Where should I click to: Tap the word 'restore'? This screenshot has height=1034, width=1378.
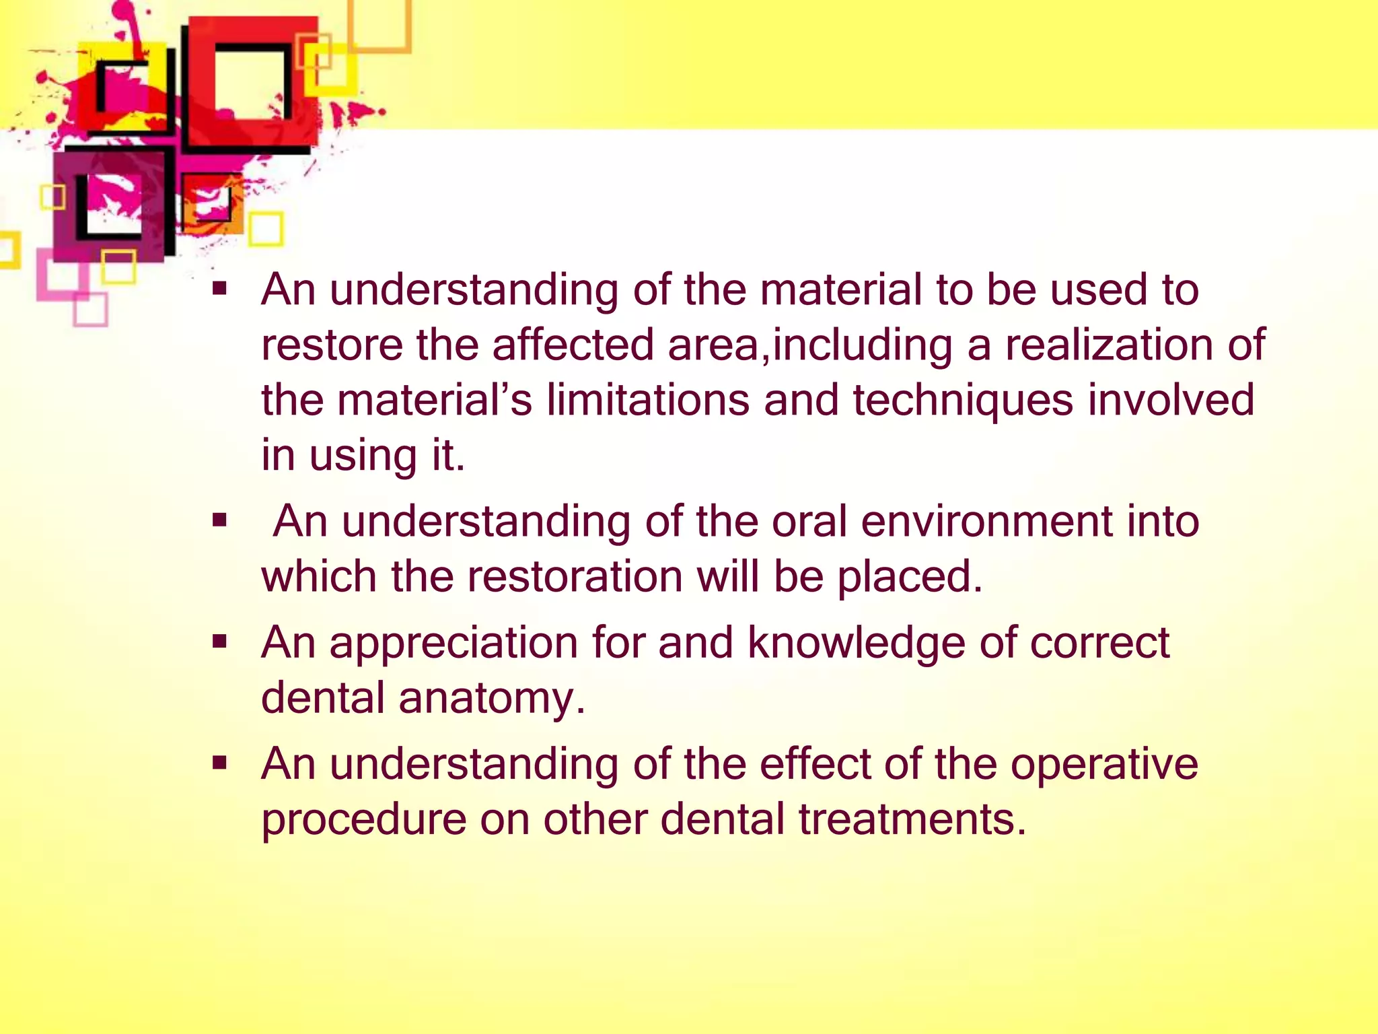331,345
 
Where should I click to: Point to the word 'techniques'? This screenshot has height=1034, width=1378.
963,401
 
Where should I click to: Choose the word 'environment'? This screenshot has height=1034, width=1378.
986,522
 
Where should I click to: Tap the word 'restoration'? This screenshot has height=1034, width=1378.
575,577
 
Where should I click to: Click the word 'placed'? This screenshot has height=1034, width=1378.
910,577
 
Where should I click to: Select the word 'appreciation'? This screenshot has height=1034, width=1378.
454,643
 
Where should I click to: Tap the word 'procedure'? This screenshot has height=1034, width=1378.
364,820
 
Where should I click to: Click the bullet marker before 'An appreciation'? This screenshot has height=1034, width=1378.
219,642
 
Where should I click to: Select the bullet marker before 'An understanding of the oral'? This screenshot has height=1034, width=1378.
219,520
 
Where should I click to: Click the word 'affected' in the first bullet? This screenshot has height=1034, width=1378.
573,345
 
